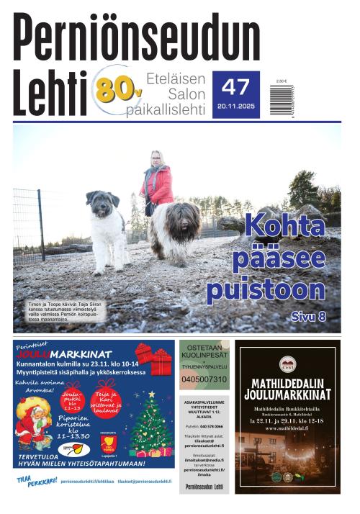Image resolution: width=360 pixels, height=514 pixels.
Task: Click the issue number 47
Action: tap(235, 87)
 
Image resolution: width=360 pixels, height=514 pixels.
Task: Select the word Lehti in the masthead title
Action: tap(49, 95)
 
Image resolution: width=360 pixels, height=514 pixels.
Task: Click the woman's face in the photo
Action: tap(156, 159)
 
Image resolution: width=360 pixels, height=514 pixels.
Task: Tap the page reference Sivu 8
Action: tap(309, 316)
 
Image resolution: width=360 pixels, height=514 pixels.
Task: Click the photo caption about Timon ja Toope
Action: tap(65, 310)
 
